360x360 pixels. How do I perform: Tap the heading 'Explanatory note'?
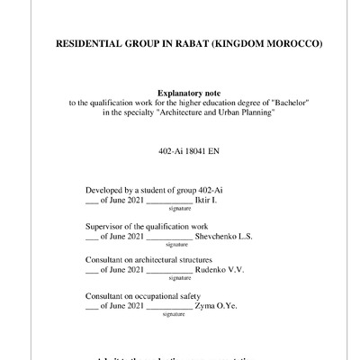(x=188, y=94)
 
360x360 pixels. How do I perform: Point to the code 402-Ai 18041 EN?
(x=188, y=149)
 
